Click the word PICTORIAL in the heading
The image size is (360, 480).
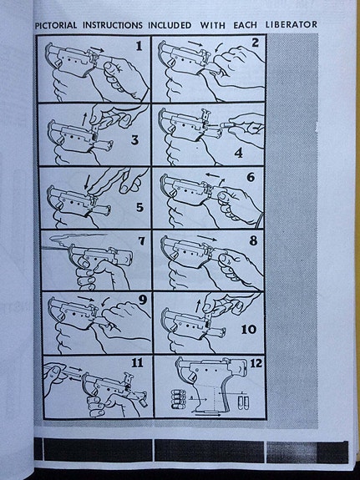[x=56, y=25]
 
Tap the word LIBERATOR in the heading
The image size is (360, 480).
[x=291, y=24]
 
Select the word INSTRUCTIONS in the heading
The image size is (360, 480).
[x=113, y=25]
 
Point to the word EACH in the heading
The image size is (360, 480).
[x=245, y=25]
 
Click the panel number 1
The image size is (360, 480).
[x=139, y=46]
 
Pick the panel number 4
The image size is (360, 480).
[x=238, y=153]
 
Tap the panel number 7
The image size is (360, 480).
[x=141, y=241]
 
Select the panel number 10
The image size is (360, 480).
[x=248, y=330]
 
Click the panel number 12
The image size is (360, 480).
[x=256, y=363]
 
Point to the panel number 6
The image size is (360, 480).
[x=251, y=177]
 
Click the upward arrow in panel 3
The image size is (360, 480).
[x=84, y=119]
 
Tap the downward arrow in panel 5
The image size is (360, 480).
[x=87, y=182]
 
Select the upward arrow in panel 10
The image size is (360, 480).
[x=198, y=306]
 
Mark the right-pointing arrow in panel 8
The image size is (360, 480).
[x=207, y=238]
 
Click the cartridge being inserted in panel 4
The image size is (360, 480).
[x=224, y=125]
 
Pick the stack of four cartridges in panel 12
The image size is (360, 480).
[x=178, y=399]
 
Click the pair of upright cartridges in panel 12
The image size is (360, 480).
[x=244, y=402]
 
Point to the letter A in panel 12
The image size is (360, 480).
[x=191, y=397]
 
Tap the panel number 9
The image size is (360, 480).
[x=143, y=300]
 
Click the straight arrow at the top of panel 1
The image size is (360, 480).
[x=97, y=49]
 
